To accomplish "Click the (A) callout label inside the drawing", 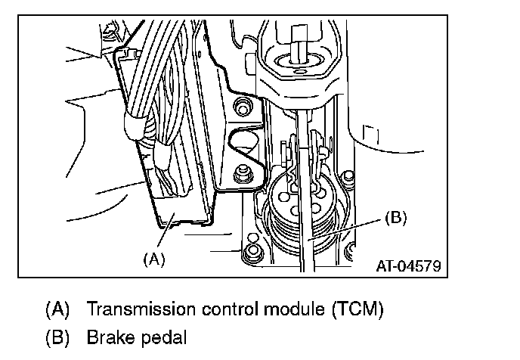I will coord(153,259).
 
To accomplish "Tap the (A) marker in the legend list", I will coord(57,309).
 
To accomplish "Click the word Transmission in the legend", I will coord(130,309).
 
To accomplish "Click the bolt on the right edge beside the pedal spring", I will coord(348,178).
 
